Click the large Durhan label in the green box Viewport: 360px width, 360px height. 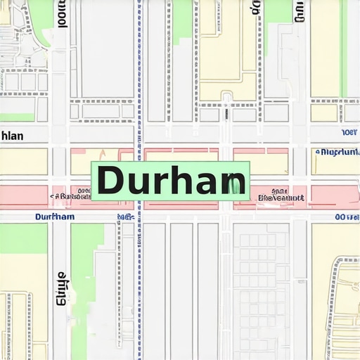171,181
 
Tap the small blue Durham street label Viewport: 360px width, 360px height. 54,217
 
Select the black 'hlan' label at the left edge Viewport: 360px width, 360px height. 12,136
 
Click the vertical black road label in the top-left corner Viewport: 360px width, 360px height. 62,12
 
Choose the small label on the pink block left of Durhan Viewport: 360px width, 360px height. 71,195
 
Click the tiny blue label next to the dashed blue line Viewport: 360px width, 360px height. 126,217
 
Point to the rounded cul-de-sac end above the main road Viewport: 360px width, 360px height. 226,96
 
